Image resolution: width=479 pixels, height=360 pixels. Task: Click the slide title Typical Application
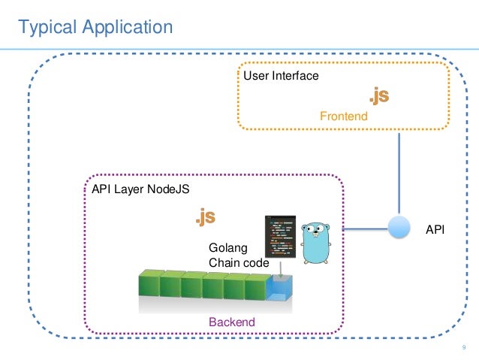pyautogui.click(x=95, y=28)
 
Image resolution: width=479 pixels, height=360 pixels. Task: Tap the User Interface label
pyautogui.click(x=280, y=76)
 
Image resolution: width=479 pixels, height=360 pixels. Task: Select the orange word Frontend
pyautogui.click(x=343, y=116)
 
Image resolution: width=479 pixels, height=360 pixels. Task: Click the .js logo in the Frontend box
pyautogui.click(x=377, y=97)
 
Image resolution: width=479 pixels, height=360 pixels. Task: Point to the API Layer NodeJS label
pyautogui.click(x=140, y=190)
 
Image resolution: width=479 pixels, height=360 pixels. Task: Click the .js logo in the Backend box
pyautogui.click(x=205, y=218)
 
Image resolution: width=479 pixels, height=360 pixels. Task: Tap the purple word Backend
pyautogui.click(x=231, y=322)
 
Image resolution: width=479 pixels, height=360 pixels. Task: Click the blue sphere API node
pyautogui.click(x=399, y=228)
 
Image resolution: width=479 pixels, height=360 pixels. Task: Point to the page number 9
pyautogui.click(x=464, y=347)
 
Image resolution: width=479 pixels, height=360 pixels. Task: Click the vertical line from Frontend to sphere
pyautogui.click(x=399, y=173)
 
